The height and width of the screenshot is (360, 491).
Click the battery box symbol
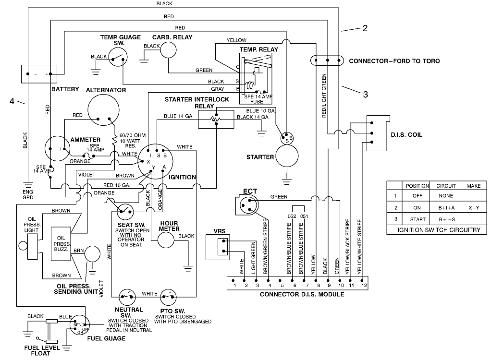41,74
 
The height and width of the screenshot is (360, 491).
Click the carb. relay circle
168,48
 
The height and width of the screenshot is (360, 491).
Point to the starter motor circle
287,157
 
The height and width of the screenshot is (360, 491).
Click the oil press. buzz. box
61,245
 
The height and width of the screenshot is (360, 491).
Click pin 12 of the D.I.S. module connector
363,280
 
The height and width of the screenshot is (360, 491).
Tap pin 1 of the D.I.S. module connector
234,280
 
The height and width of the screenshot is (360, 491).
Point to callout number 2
365,28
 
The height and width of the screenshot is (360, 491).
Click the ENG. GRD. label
28,194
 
